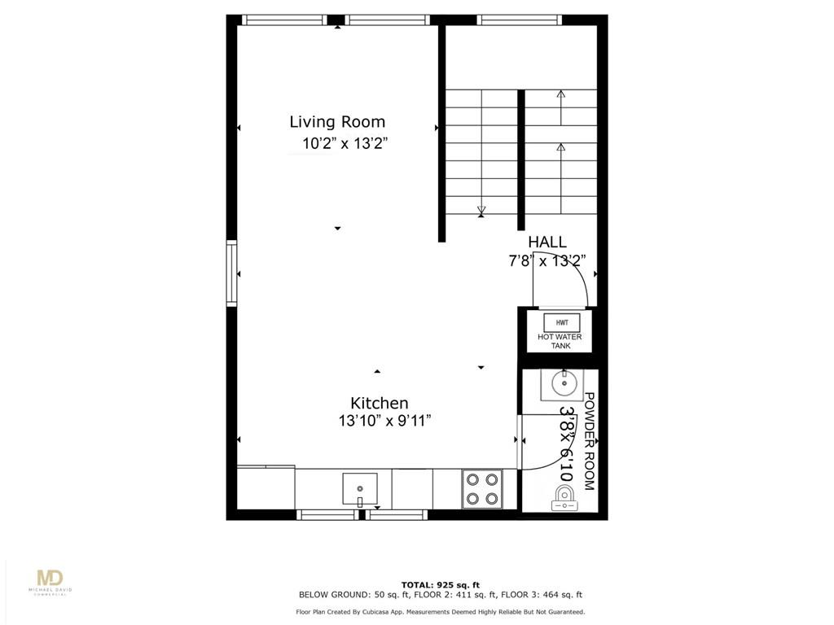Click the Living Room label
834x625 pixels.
coord(337,122)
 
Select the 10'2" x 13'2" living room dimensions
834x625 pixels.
coord(345,143)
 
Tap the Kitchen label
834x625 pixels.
coord(380,403)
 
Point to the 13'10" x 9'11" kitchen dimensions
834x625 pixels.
coord(384,421)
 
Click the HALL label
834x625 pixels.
coord(546,243)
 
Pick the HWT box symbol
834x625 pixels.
coord(562,322)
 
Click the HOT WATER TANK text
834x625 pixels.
coord(560,341)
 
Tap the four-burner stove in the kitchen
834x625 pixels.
coord(482,489)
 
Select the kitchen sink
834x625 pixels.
coord(360,489)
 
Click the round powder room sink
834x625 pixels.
coord(564,382)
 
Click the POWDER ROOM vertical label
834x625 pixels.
coord(590,441)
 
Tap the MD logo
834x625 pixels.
coord(50,578)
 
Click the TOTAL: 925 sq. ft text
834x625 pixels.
coord(441,585)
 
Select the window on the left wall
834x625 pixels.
coord(232,273)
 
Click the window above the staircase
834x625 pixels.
coord(519,20)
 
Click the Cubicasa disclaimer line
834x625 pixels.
coord(441,612)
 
